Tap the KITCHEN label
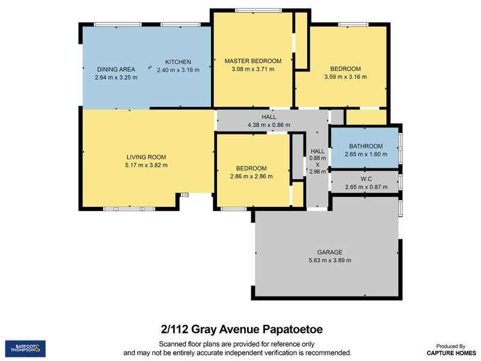click(178, 62)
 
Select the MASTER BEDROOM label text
click(253, 61)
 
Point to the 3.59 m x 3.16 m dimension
click(345, 77)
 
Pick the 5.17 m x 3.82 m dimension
click(146, 165)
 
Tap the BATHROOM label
click(366, 146)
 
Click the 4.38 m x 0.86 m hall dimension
click(269, 125)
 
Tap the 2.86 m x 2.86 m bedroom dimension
click(251, 177)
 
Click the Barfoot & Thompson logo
click(25, 348)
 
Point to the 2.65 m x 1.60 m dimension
click(366, 155)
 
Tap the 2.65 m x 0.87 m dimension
click(366, 187)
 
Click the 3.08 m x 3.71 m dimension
click(253, 70)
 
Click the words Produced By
click(450, 346)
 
